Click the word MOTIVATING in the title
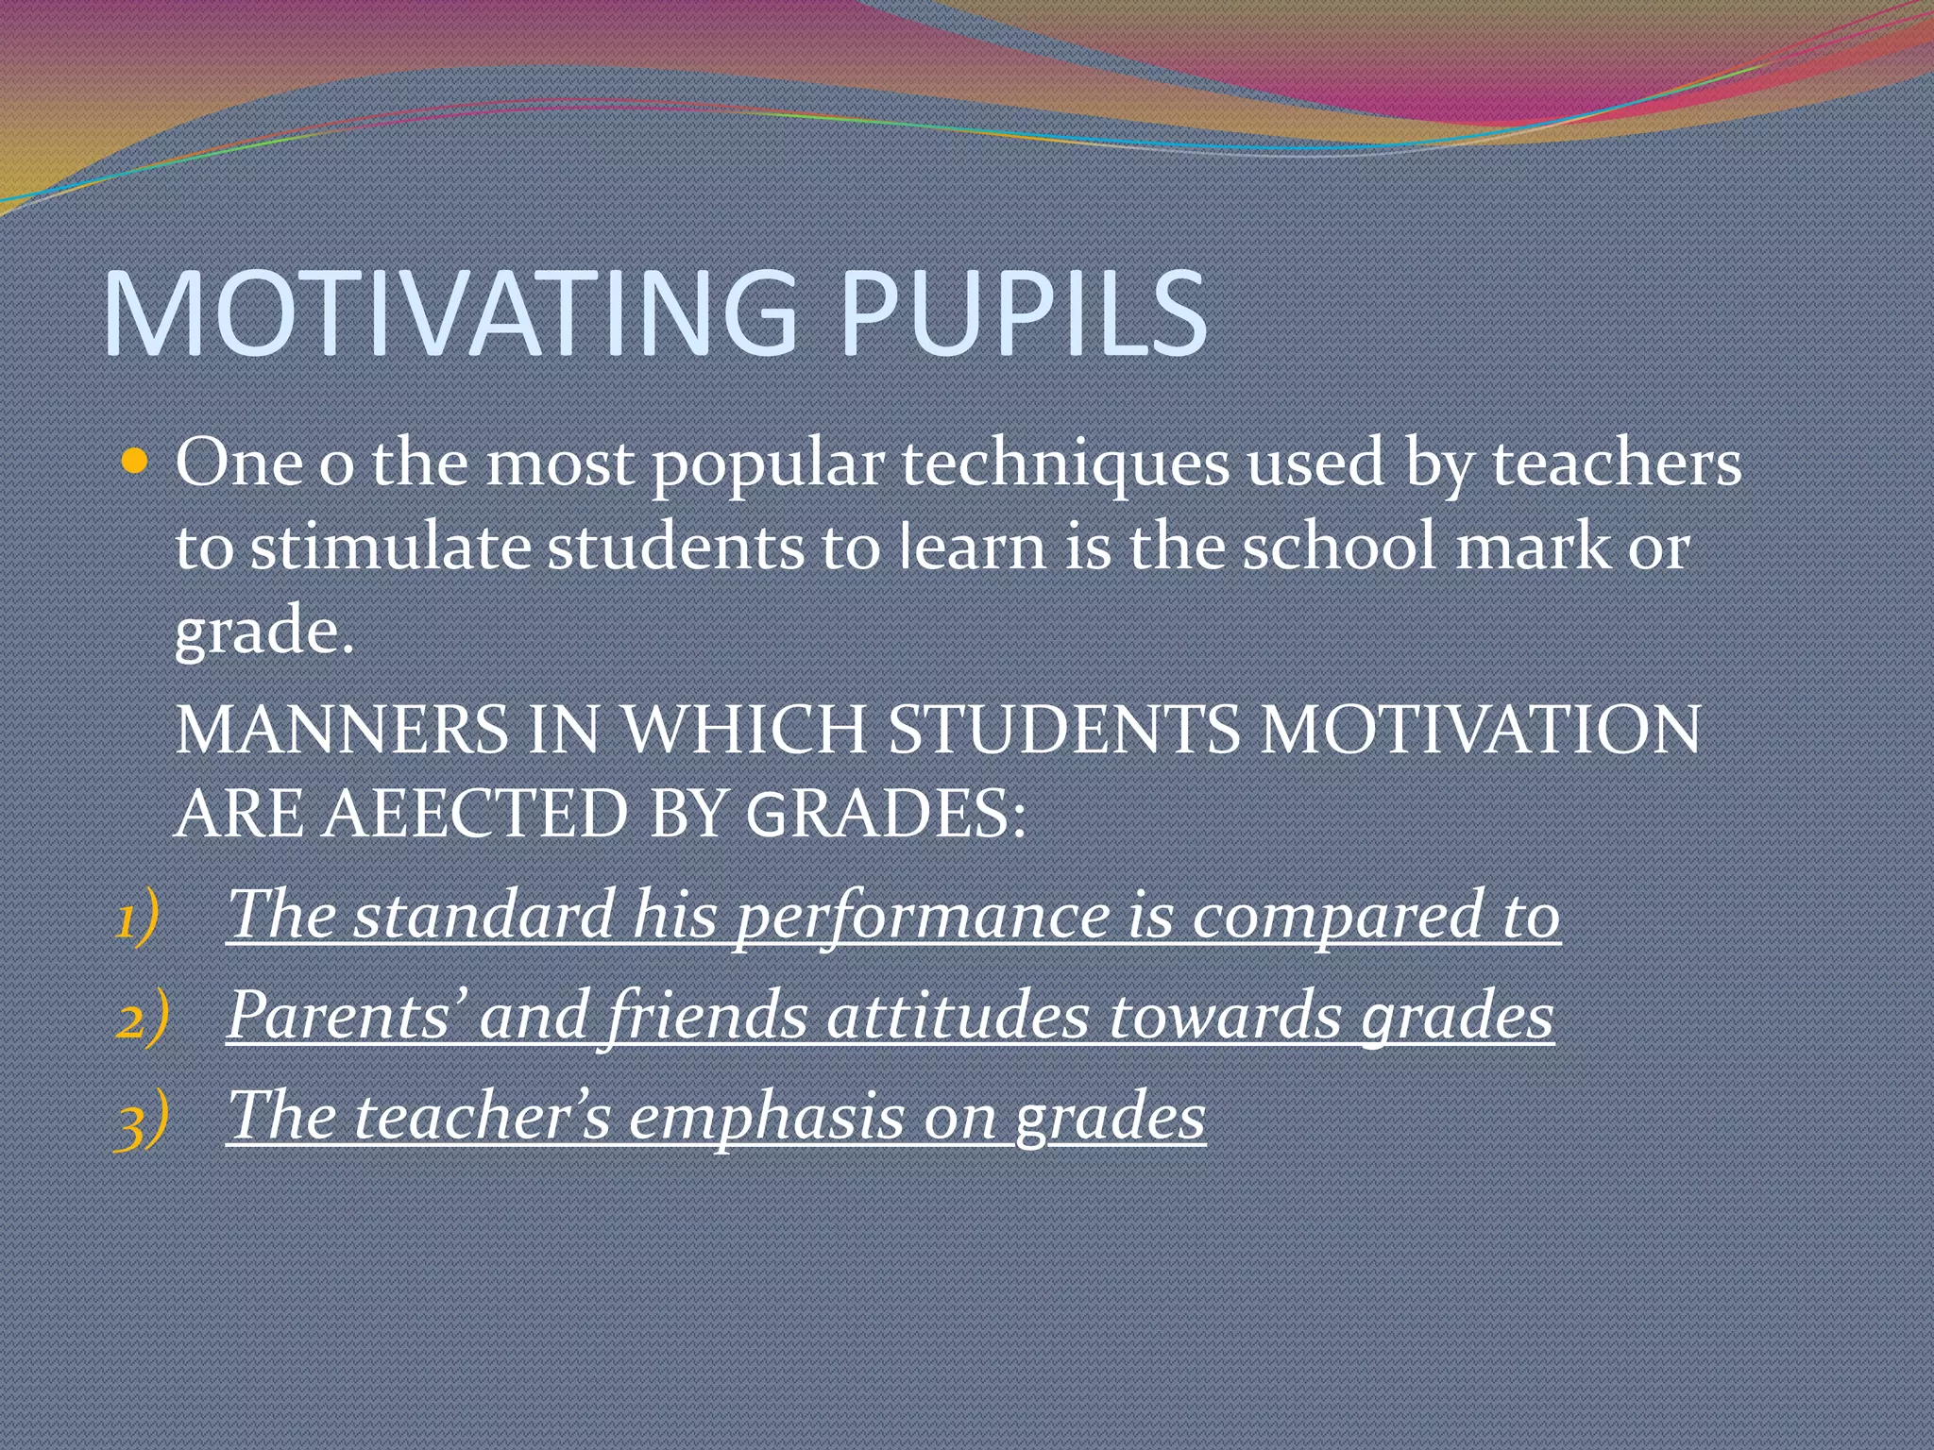click(450, 313)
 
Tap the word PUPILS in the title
click(1022, 313)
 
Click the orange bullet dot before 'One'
click(136, 462)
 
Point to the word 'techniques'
click(1065, 464)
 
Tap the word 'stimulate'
click(390, 547)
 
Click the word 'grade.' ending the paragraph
click(264, 632)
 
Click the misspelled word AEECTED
click(475, 814)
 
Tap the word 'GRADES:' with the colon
click(885, 814)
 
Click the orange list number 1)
click(137, 919)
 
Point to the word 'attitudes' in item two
click(958, 1016)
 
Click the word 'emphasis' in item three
click(766, 1117)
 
